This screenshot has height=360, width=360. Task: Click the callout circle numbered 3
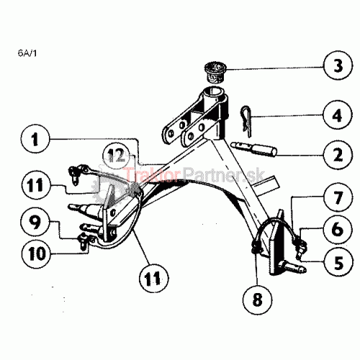tap(338, 66)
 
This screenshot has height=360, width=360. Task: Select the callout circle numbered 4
tap(338, 115)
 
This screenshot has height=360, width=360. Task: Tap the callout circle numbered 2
tap(338, 155)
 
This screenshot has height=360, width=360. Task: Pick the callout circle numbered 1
tap(35, 139)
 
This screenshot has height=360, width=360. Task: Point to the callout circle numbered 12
tap(117, 156)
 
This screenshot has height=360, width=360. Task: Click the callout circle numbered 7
tap(338, 197)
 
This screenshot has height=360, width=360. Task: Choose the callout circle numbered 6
tap(338, 229)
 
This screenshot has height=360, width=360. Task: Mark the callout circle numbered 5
tap(338, 262)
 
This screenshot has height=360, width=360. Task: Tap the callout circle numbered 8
tap(257, 300)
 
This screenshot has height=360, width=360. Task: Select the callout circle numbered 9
tap(35, 222)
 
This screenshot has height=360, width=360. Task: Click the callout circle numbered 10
tap(37, 253)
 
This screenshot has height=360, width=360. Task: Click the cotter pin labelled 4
tap(248, 121)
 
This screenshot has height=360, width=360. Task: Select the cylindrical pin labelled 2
tap(253, 149)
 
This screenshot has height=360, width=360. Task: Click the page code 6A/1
tap(27, 53)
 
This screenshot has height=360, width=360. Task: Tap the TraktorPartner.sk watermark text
tap(194, 174)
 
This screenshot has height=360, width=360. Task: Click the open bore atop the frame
tap(215, 93)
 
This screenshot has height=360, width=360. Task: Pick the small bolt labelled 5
tap(300, 250)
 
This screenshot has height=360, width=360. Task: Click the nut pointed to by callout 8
tap(256, 247)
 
